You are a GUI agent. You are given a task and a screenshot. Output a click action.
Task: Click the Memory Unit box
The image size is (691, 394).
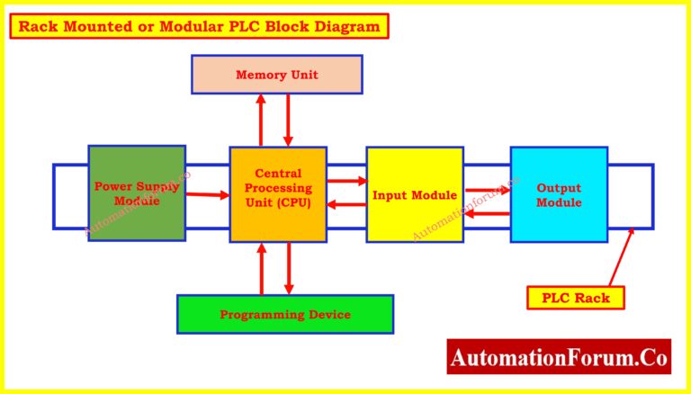tap(276, 74)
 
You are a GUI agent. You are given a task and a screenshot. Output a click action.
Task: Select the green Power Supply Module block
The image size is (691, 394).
tap(137, 193)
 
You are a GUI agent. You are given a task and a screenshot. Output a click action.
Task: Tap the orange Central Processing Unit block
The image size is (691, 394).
tap(277, 194)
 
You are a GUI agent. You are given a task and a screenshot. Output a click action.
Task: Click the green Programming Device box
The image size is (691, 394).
tap(284, 314)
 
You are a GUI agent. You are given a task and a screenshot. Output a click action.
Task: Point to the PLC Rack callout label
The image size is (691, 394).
tap(575, 298)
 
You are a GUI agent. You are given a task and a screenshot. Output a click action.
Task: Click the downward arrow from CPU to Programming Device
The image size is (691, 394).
tap(288, 268)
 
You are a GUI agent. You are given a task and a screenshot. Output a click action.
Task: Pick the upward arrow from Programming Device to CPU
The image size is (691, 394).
tap(262, 268)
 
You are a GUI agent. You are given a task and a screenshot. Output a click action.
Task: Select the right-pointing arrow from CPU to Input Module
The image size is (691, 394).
tap(346, 182)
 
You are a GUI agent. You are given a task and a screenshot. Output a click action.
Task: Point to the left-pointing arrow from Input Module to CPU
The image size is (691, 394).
tap(346, 204)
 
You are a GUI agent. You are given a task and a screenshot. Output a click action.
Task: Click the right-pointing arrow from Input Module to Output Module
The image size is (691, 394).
tap(487, 191)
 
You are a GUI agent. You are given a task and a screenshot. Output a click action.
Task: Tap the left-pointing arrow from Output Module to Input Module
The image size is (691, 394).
tap(487, 213)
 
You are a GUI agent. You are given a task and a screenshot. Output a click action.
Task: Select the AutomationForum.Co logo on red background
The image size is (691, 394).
tap(559, 357)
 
